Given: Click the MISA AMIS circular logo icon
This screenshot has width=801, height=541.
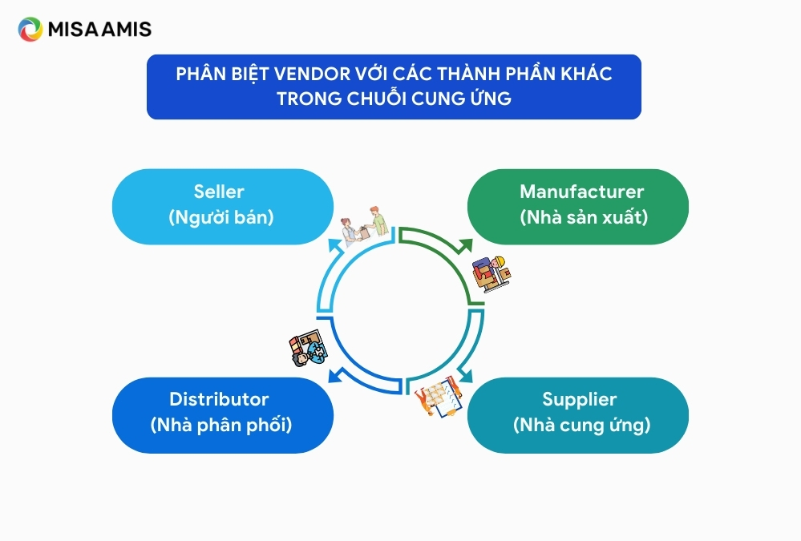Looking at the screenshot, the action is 30,29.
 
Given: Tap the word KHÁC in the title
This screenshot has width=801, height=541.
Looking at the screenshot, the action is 586,74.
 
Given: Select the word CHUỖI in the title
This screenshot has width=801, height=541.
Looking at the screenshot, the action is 377,98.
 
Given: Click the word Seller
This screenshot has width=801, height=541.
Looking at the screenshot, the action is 219,192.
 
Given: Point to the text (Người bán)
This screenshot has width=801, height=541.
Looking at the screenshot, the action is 221,217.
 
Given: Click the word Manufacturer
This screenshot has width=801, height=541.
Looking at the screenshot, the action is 581,192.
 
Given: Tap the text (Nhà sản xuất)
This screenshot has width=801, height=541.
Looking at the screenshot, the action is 584,217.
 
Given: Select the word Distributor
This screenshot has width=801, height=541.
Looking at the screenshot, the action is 219,399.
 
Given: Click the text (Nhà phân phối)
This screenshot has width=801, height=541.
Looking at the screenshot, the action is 221,425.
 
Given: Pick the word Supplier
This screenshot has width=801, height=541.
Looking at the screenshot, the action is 579,399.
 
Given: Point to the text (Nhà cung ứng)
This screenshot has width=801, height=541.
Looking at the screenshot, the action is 582,425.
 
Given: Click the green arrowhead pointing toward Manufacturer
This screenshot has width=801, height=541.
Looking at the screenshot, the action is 464,245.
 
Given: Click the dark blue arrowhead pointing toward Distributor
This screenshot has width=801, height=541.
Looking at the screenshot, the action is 336,375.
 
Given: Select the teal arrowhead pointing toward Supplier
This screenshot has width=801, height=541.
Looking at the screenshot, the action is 465,375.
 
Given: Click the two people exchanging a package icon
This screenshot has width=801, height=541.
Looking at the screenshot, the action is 366,226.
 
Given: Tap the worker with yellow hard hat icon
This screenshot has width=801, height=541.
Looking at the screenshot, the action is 491,274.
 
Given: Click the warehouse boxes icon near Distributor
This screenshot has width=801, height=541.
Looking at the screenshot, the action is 308,348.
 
